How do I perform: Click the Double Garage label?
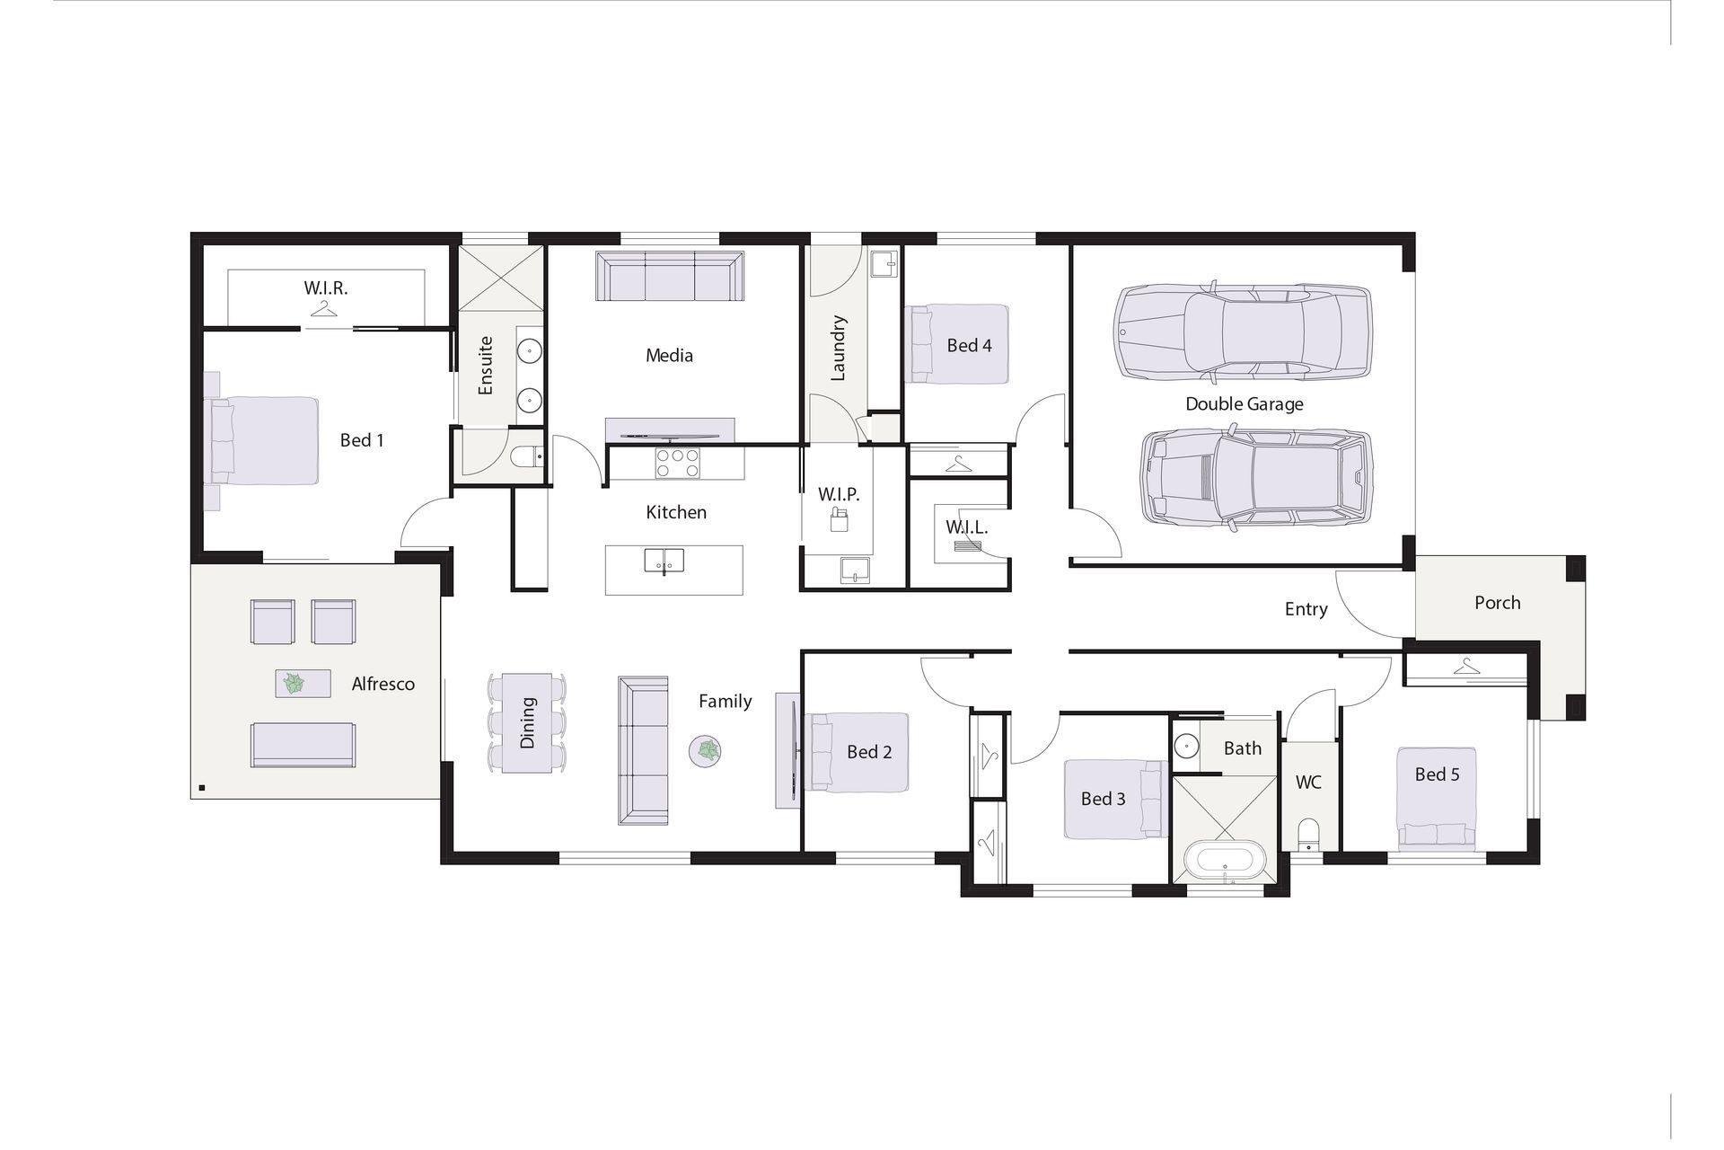[x=1244, y=404]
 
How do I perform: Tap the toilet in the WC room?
[x=1308, y=835]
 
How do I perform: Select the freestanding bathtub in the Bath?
[x=1225, y=860]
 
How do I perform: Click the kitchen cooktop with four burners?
[x=677, y=464]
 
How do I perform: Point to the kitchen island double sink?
[x=664, y=561]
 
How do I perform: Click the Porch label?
[x=1497, y=603]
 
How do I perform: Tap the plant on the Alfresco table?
[x=294, y=684]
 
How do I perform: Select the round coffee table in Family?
[x=706, y=751]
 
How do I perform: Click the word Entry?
[x=1306, y=609]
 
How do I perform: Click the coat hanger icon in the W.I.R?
[x=324, y=309]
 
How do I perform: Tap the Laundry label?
[x=838, y=348]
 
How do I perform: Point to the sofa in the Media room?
[x=670, y=276]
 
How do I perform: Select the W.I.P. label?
[x=839, y=494]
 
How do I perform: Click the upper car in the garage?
[x=1244, y=332]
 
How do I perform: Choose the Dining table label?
[x=527, y=722]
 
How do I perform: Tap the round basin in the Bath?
[x=1187, y=746]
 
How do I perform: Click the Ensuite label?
[x=486, y=366]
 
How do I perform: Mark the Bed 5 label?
[x=1437, y=774]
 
